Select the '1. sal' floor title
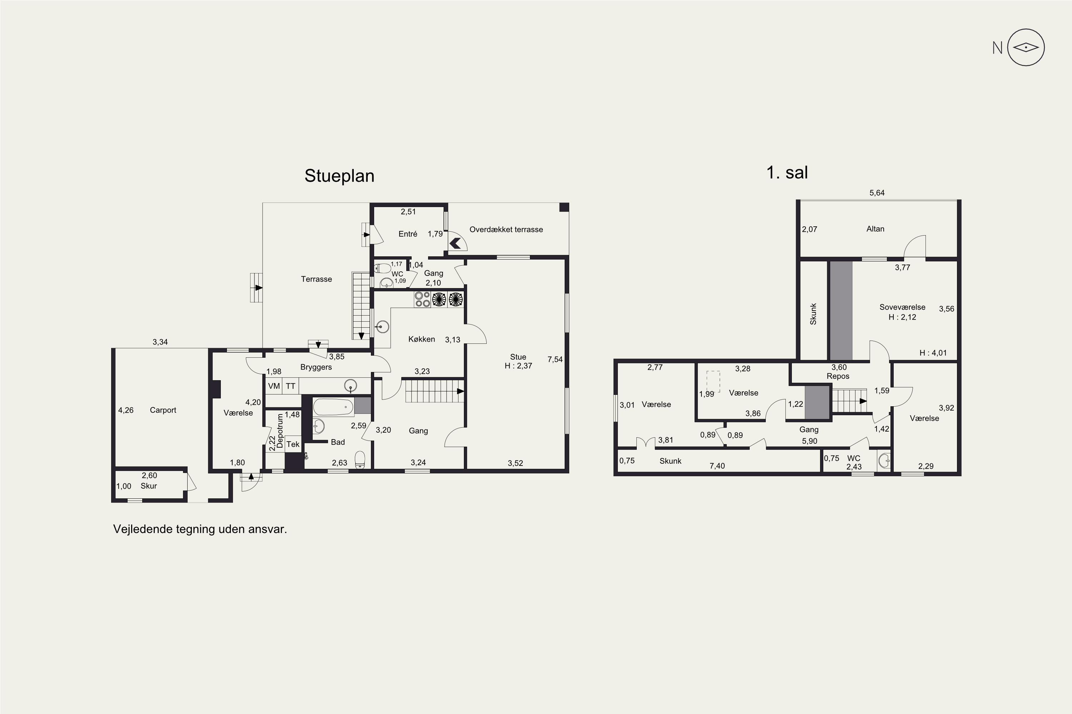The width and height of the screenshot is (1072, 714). pyautogui.click(x=787, y=172)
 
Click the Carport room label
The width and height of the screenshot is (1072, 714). pyautogui.click(x=163, y=410)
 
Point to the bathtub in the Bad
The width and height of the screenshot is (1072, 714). pyautogui.click(x=333, y=407)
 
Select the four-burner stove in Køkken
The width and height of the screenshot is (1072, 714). pyautogui.click(x=422, y=299)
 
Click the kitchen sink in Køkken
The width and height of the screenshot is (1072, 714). pyautogui.click(x=382, y=327)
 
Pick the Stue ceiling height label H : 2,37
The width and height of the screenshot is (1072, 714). pyautogui.click(x=518, y=366)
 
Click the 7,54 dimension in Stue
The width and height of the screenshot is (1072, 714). pyautogui.click(x=555, y=359)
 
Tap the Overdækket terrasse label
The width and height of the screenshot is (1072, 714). pyautogui.click(x=506, y=230)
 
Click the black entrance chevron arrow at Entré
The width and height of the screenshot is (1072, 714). pyautogui.click(x=455, y=243)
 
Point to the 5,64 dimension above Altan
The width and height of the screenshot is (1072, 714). pyautogui.click(x=877, y=193)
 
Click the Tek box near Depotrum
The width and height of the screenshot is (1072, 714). pyautogui.click(x=293, y=444)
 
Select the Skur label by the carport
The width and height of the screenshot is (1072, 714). pyautogui.click(x=149, y=486)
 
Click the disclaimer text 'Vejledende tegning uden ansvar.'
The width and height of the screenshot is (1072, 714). pyautogui.click(x=200, y=529)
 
